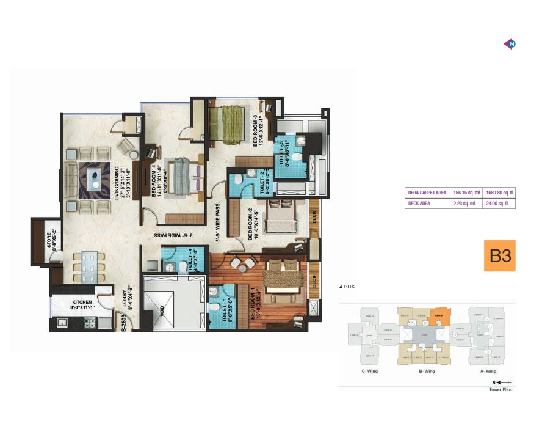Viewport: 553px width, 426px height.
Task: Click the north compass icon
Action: (510, 43)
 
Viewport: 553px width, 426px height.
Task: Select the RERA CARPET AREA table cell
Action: (427, 193)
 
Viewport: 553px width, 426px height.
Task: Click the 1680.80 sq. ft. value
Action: (500, 193)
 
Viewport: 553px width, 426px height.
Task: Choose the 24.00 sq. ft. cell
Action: (500, 204)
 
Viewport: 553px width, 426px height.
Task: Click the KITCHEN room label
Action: (82, 302)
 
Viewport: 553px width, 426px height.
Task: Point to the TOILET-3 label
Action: (282, 155)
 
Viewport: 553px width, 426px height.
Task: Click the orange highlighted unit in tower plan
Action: (438, 317)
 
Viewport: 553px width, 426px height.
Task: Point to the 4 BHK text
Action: (348, 285)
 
